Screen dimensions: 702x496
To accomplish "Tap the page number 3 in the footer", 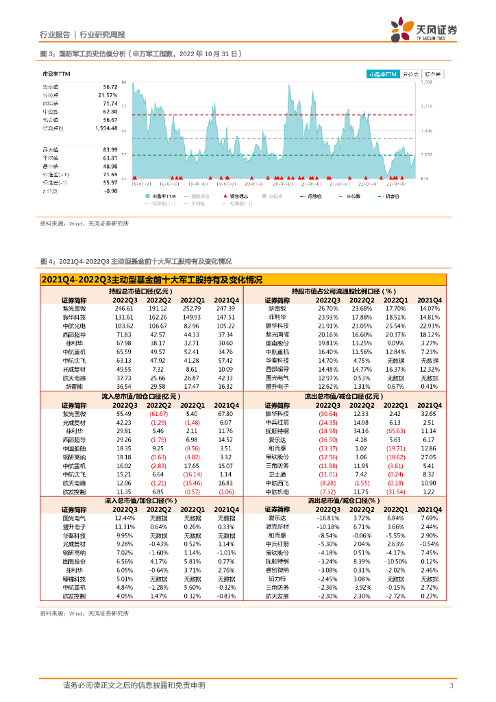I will pyautogui.click(x=451, y=686).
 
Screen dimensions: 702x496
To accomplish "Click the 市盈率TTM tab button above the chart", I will pyautogui.click(x=382, y=73).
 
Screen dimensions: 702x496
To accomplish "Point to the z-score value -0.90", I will pyautogui.click(x=110, y=191).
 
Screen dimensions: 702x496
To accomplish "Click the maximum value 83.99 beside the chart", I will pyautogui.click(x=110, y=149).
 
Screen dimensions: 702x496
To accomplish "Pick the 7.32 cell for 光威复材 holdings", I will pyautogui.click(x=160, y=368).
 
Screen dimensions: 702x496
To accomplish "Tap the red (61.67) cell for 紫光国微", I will pyautogui.click(x=159, y=414).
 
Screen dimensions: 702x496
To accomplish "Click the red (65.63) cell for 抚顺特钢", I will pyautogui.click(x=393, y=431).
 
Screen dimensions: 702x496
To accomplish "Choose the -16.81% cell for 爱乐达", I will pyautogui.click(x=327, y=518).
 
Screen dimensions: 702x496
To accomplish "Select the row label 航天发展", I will pyautogui.click(x=277, y=596).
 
